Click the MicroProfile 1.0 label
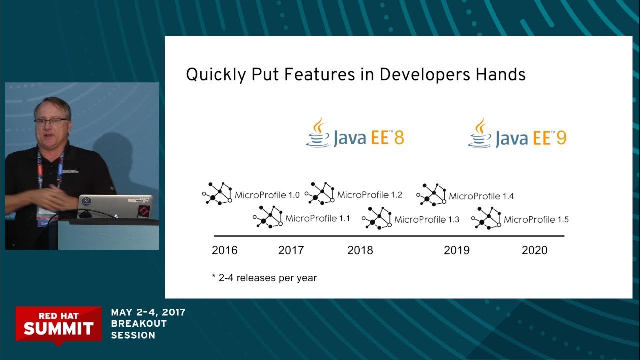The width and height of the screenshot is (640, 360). pyautogui.click(x=267, y=195)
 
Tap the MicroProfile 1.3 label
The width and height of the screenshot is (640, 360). pyautogui.click(x=427, y=219)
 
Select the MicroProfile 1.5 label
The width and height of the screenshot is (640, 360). pyautogui.click(x=536, y=219)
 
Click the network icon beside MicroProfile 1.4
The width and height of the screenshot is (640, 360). pyautogui.click(x=431, y=195)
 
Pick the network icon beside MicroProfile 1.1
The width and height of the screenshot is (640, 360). pyautogui.click(x=268, y=217)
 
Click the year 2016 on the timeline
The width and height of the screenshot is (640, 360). pyautogui.click(x=224, y=250)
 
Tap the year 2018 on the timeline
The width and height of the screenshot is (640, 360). pyautogui.click(x=360, y=250)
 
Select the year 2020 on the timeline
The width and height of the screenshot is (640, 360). pyautogui.click(x=534, y=250)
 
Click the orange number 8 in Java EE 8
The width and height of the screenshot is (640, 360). pyautogui.click(x=399, y=138)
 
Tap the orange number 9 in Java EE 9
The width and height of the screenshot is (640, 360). pyautogui.click(x=561, y=138)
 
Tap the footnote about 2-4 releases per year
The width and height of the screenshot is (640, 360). pyautogui.click(x=264, y=278)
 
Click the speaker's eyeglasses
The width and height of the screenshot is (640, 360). pyautogui.click(x=50, y=121)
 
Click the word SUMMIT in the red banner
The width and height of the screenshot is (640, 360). pyautogui.click(x=58, y=328)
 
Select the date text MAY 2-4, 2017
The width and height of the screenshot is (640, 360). pyautogui.click(x=148, y=312)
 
